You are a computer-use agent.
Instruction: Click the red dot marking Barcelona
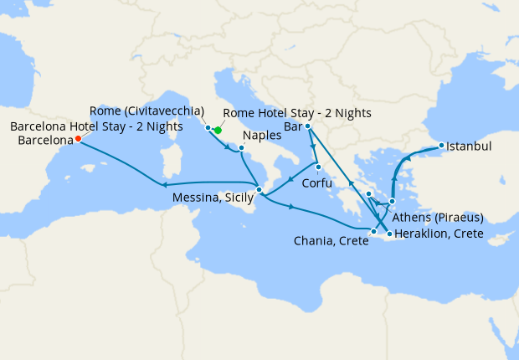tap(78, 139)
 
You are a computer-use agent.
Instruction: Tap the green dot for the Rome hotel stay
tap(217, 130)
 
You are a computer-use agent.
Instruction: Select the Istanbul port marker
tap(440, 147)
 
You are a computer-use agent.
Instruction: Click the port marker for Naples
tap(241, 148)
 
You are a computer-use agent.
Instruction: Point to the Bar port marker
tap(309, 126)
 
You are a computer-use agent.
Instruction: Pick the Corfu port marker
tap(318, 167)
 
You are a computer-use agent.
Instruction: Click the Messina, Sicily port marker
tap(259, 190)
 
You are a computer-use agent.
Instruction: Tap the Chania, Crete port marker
tap(373, 229)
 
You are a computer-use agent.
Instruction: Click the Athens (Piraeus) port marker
tap(392, 202)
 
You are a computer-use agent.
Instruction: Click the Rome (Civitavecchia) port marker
tap(208, 128)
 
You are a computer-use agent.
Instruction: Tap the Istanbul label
tap(469, 147)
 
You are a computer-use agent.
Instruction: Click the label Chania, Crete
tap(331, 242)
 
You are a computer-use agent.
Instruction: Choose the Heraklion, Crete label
tap(439, 234)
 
